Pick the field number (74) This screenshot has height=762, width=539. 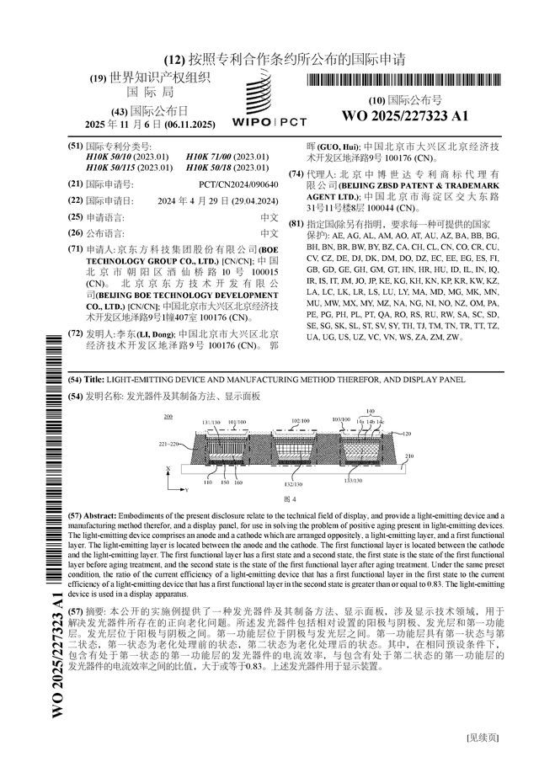point(296,174)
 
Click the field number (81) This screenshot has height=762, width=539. point(296,225)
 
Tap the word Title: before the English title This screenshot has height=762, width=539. point(96,380)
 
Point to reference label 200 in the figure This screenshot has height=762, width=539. point(168,417)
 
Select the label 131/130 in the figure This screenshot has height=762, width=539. point(211,422)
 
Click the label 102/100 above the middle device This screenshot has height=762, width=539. point(300,420)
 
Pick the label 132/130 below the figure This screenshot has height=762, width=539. point(293,484)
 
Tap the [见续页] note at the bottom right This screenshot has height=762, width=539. point(483,738)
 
